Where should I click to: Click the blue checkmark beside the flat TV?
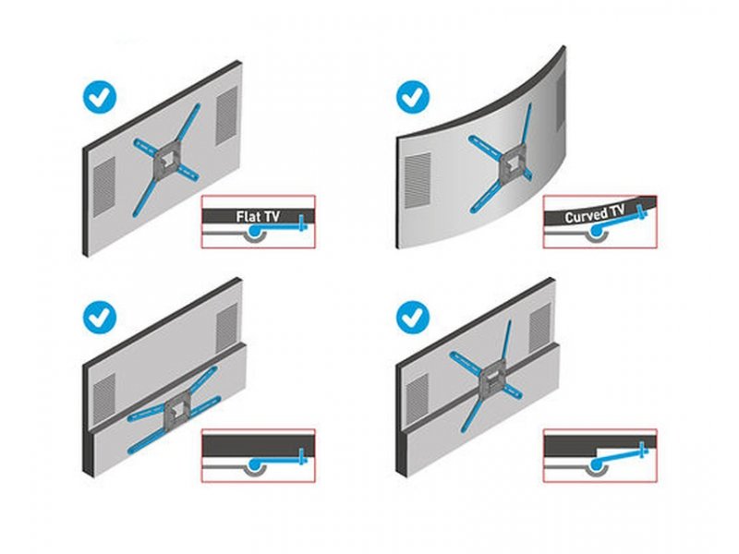click(100, 98)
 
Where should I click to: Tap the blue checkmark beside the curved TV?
click(413, 97)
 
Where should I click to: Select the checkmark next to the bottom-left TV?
click(100, 318)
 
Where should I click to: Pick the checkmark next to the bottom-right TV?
click(413, 318)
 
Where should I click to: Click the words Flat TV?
click(258, 216)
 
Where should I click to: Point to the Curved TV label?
click(595, 214)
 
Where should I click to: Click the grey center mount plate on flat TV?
click(166, 163)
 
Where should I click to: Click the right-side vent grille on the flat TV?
click(226, 114)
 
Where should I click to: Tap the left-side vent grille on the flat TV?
click(104, 187)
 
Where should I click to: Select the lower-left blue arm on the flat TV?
click(145, 198)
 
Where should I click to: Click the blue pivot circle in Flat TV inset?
click(255, 230)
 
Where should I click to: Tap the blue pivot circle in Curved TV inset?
click(596, 230)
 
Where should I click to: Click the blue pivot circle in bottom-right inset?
click(596, 465)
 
